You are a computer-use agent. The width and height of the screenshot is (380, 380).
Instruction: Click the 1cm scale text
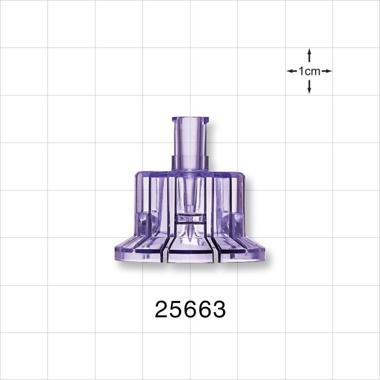pos(309,72)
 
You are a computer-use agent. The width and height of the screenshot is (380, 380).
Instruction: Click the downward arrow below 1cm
pos(309,87)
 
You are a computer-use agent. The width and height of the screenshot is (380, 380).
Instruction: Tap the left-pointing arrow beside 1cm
pos(292,71)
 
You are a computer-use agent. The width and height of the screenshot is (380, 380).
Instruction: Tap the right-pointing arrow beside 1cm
pos(327,71)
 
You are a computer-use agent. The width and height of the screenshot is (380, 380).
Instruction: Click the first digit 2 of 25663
pos(162,309)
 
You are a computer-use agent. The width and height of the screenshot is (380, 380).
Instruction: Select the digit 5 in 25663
pos(176,309)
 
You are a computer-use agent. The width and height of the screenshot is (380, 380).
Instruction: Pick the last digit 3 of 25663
pos(219,309)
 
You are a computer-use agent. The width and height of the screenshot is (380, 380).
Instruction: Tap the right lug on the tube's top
pos(205,119)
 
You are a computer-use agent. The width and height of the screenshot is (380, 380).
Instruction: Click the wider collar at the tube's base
pos(190,163)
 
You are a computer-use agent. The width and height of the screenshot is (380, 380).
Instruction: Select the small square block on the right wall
pos(238,219)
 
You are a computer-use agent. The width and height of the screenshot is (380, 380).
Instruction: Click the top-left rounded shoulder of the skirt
pos(138,175)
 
